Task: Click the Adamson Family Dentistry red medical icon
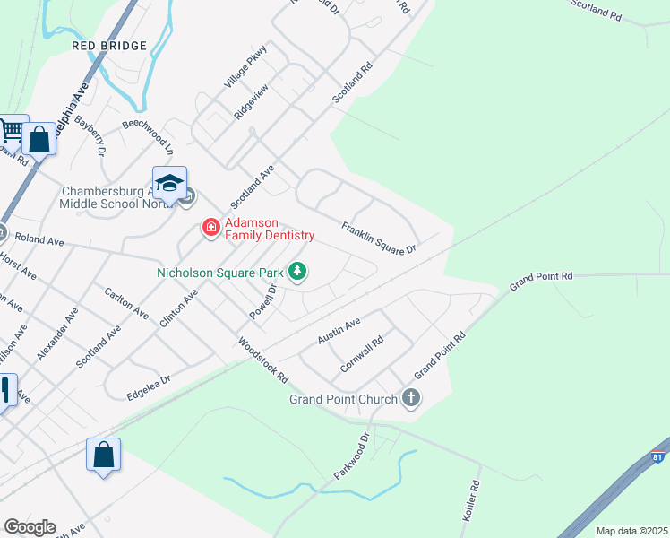[x=211, y=228]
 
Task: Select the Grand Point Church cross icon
[x=411, y=398]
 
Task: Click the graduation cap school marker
[x=169, y=184]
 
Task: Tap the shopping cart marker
[x=12, y=132]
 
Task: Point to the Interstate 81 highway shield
[x=660, y=456]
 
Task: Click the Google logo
[x=30, y=527]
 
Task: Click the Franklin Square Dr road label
[x=379, y=238]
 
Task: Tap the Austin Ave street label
[x=339, y=331]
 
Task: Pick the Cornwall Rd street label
[x=362, y=354]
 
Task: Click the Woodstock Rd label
[x=262, y=358]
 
